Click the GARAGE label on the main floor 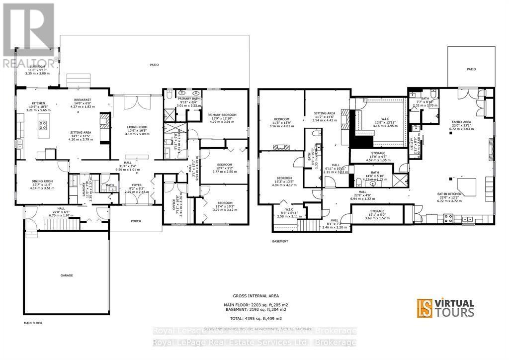click(x=67, y=275)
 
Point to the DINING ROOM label click(x=41, y=181)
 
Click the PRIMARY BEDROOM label click(x=222, y=115)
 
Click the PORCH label click(x=136, y=221)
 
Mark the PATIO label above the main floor click(x=155, y=65)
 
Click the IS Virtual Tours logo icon click(x=424, y=308)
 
